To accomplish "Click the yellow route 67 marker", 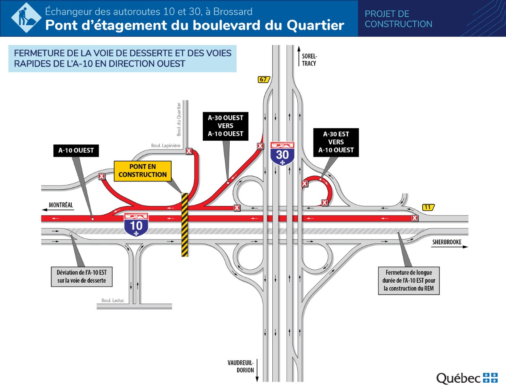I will pos(263,79).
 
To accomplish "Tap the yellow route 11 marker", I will pos(428,207).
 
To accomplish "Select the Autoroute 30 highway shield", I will pos(282,153).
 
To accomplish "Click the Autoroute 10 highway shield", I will pos(136,224).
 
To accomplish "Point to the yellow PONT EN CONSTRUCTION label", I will pos(143,171).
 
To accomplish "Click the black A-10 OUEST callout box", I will pos(76,151).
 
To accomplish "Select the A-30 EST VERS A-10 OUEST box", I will pos(336,142).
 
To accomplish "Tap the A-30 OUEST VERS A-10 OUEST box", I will pos(225,126).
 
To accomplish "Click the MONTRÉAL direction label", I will pos(60,205).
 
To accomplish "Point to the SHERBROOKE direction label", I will pos(447,242).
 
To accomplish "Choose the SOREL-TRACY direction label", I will pos(309,60).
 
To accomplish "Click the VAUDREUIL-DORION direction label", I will pos(241,366).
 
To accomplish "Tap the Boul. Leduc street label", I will pos(113,300).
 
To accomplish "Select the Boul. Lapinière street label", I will pos(166,145).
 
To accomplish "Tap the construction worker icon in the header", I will pos(26,18).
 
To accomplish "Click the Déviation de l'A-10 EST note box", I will pos(82,276).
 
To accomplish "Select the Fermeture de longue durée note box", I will pos(409,280).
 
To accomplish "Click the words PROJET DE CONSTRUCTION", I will pos(398,19).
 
